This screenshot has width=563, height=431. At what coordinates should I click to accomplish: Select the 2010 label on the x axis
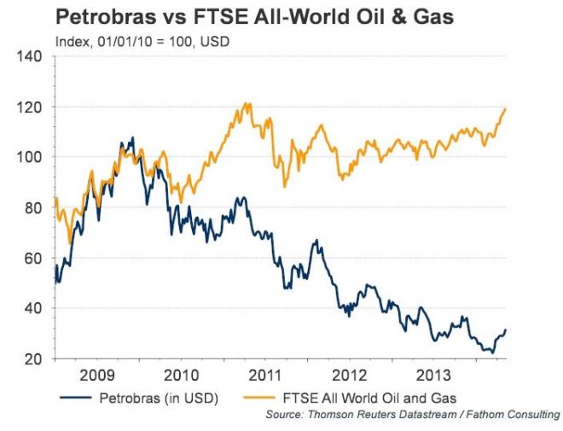(182, 376)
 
